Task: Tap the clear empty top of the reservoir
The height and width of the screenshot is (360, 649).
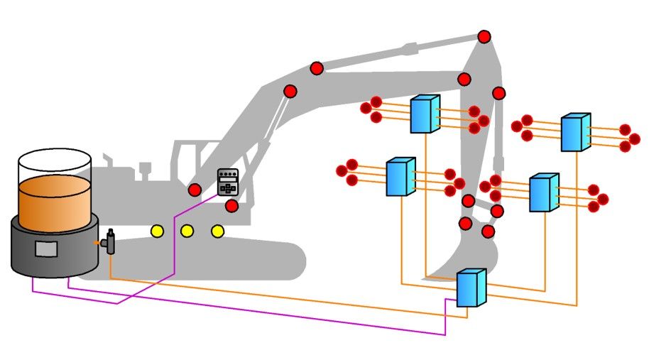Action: point(55,165)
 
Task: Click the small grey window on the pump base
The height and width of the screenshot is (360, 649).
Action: point(45,249)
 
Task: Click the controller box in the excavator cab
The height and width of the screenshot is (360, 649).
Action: point(227,182)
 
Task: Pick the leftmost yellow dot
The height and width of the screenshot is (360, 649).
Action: point(157,231)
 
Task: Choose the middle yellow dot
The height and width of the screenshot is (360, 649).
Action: point(187,231)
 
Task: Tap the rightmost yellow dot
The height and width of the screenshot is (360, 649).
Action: point(218,231)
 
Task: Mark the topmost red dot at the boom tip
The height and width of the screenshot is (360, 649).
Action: point(484,36)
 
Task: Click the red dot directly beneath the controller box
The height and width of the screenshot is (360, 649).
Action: point(231,206)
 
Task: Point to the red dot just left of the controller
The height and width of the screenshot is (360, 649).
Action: point(195,190)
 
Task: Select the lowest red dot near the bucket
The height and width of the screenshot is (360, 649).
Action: point(489,231)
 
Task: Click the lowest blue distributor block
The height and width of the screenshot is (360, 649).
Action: point(469,288)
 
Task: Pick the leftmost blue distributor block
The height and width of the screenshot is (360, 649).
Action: point(400,177)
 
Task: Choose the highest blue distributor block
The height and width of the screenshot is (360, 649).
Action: point(424,114)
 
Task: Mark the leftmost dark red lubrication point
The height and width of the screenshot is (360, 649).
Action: point(342,171)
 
